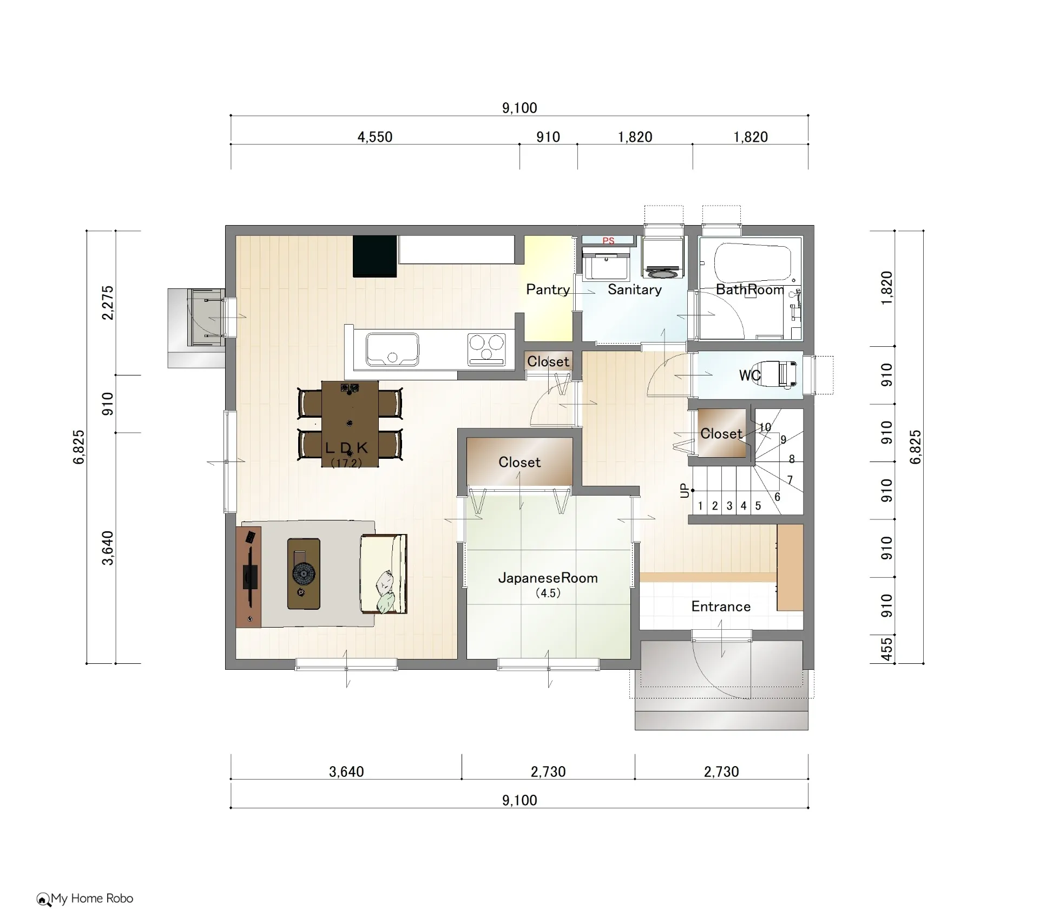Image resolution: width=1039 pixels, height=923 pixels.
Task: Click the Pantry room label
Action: [x=548, y=289]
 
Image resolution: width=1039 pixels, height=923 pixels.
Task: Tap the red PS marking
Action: [x=608, y=241]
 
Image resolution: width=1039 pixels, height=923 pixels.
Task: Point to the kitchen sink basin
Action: [x=392, y=349]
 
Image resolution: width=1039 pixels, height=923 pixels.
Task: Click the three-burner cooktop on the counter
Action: [x=486, y=349]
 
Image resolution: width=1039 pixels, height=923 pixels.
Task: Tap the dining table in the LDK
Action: [x=350, y=424]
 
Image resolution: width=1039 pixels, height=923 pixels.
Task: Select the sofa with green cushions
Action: [x=384, y=574]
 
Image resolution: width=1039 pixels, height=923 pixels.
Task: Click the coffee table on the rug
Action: [x=304, y=573]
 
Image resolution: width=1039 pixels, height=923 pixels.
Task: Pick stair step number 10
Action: [x=765, y=427]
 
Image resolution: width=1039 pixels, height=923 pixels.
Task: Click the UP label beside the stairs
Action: [x=685, y=491]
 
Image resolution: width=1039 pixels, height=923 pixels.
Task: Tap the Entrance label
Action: [x=721, y=606]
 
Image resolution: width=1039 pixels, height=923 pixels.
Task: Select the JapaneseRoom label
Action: [x=548, y=578]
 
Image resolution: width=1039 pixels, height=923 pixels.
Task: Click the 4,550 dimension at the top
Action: [x=374, y=137]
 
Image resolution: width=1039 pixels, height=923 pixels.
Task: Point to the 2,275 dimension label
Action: [x=108, y=302]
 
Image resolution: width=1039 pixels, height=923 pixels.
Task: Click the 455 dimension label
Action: [x=886, y=649]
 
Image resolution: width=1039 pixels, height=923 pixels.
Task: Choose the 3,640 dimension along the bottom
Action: [x=346, y=772]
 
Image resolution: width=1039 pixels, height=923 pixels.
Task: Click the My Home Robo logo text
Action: [x=92, y=899]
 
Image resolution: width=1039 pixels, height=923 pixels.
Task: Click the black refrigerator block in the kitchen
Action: [x=375, y=256]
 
